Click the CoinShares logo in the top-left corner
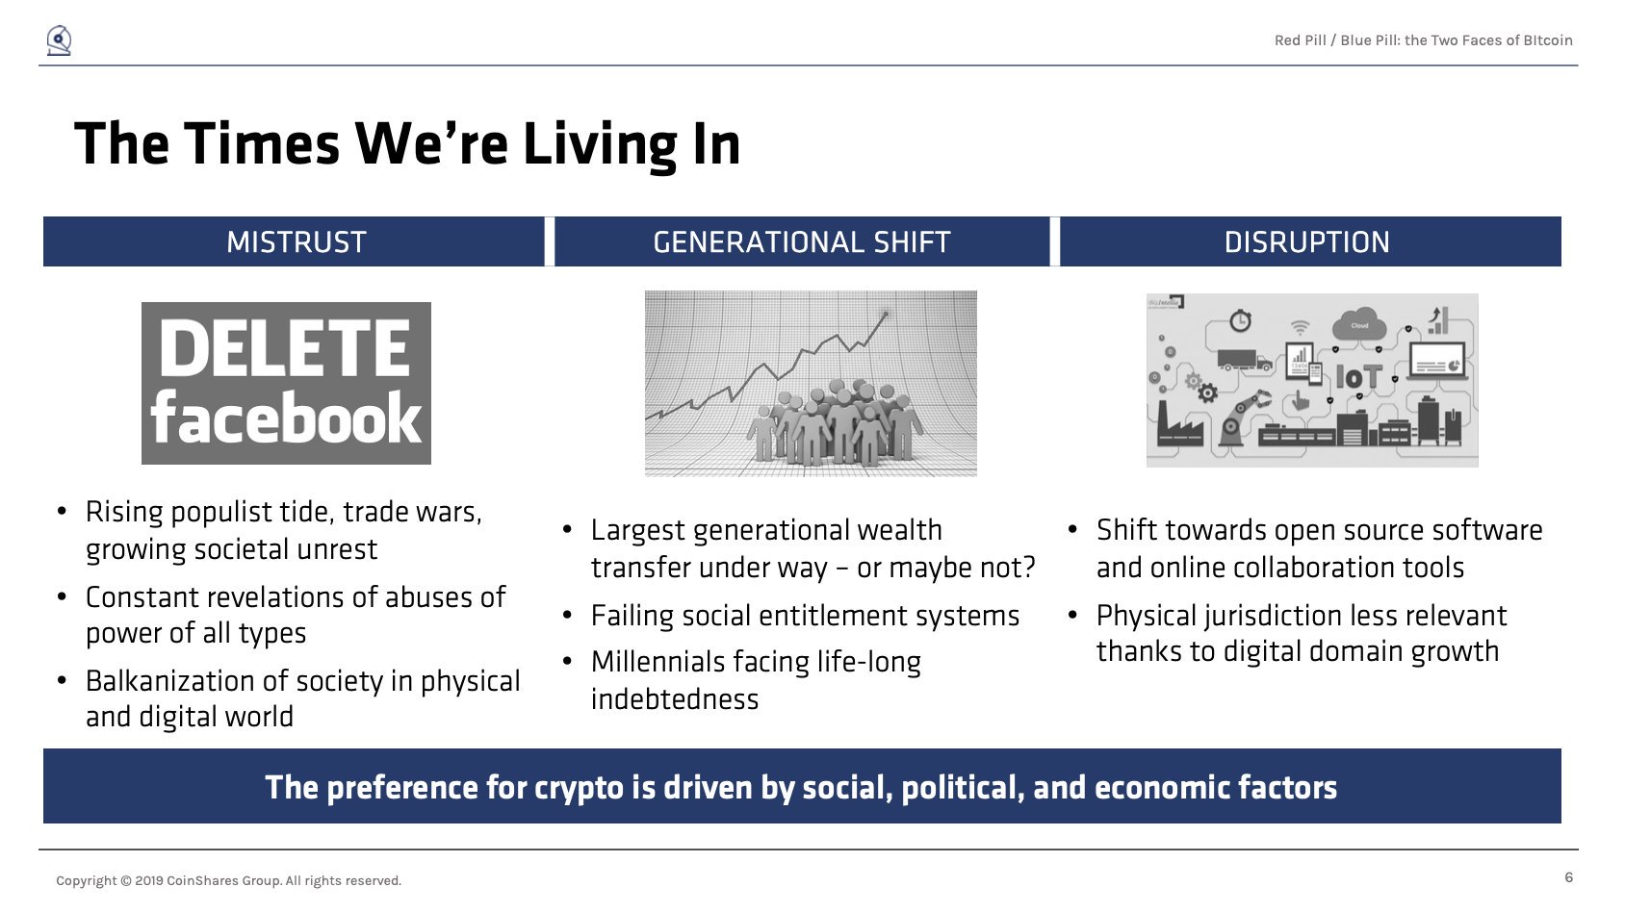(x=59, y=40)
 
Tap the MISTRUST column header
(x=296, y=242)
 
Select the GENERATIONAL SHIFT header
(x=802, y=242)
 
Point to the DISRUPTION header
(x=1306, y=242)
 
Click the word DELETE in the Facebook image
(x=284, y=348)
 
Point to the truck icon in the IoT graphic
(x=1244, y=360)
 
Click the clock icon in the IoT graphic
(x=1240, y=319)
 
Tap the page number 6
(x=1568, y=877)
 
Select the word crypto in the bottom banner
(x=579, y=788)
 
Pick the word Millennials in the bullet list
(x=661, y=662)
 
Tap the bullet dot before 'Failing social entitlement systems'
(x=567, y=616)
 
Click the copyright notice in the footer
(x=228, y=880)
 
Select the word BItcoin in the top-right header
(x=1547, y=40)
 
